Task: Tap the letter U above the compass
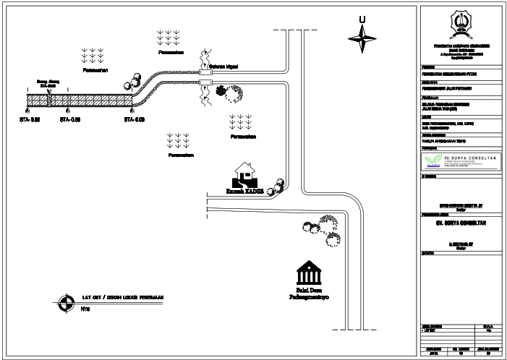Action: click(362, 20)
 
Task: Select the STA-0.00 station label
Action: click(135, 119)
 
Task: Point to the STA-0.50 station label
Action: click(70, 119)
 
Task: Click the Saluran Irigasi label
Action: click(224, 66)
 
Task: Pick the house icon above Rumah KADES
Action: click(244, 174)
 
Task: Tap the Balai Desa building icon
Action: click(309, 274)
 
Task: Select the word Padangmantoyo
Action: click(309, 296)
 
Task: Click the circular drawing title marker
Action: click(66, 304)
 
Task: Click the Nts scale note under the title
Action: click(85, 309)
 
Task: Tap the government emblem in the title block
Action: click(459, 25)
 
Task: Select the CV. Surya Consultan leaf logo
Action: click(432, 160)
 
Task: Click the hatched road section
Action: click(80, 100)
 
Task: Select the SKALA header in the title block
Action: click(487, 327)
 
